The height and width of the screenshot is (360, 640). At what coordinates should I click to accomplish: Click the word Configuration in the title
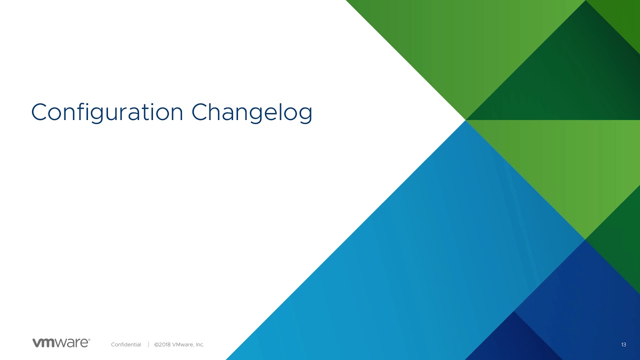[107, 112]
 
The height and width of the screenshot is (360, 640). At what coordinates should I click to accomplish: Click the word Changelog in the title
[251, 112]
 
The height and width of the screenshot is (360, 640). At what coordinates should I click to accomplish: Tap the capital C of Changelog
[200, 112]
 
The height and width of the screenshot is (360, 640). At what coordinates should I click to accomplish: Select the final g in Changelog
[305, 115]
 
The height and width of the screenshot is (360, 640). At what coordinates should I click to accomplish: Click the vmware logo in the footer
[61, 342]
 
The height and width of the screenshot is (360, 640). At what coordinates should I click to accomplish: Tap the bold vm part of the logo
[43, 343]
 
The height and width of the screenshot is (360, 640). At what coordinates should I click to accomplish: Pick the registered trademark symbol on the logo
[89, 339]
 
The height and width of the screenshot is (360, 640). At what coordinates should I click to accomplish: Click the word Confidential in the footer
[126, 344]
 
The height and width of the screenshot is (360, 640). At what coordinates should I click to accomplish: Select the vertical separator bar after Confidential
[148, 344]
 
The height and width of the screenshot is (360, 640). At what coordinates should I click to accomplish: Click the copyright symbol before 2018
[156, 344]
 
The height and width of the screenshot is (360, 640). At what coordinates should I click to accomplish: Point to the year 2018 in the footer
[164, 344]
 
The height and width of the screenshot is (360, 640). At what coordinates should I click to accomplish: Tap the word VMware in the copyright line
[183, 344]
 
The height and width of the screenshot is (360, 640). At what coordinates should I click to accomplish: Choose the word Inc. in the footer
[200, 344]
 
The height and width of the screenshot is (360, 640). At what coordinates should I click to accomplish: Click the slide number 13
[623, 344]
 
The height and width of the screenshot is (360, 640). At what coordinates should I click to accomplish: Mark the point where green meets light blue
[465, 120]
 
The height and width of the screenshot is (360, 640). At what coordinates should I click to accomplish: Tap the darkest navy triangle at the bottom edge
[514, 343]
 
